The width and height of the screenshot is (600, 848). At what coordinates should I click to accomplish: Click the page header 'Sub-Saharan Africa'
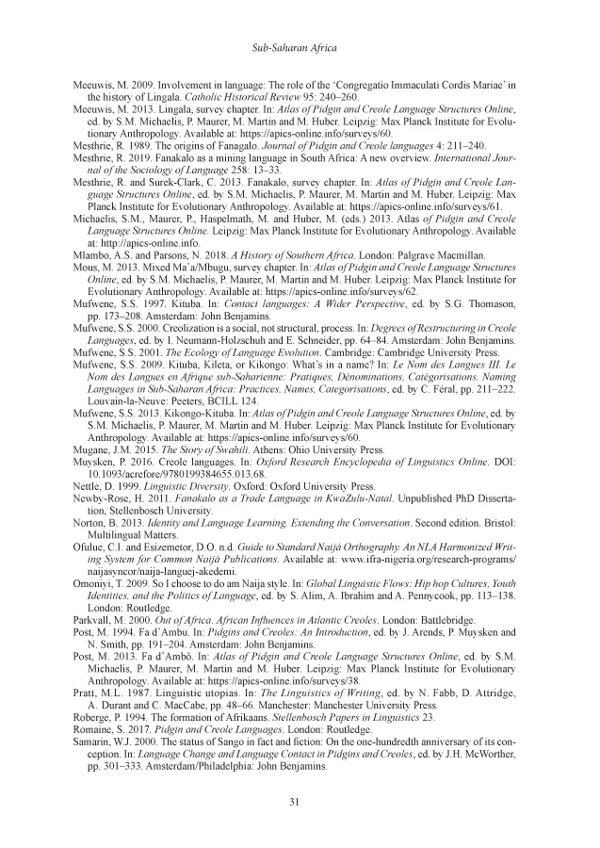click(300, 46)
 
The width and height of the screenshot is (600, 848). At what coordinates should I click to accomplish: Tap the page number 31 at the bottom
click(300, 803)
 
